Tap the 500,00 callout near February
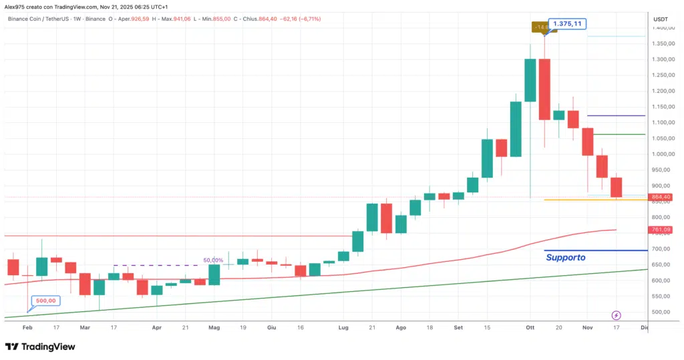(45, 301)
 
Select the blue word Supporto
(565, 257)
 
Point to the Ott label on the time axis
(530, 329)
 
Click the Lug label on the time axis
(343, 329)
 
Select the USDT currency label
(660, 19)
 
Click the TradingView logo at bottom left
(40, 347)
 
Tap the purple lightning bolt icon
(617, 315)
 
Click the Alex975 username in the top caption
(15, 6)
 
